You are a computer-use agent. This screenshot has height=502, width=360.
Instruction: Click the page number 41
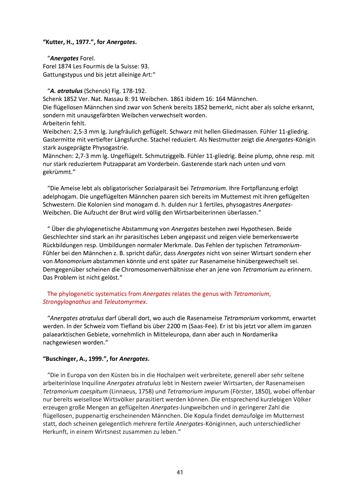pyautogui.click(x=180, y=472)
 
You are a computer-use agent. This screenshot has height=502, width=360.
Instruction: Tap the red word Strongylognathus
pyautogui.click(x=67, y=302)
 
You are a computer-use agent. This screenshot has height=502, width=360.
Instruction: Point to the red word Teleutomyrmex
pyautogui.click(x=125, y=302)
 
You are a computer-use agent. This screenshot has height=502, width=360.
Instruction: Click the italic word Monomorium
pyautogui.click(x=73, y=261)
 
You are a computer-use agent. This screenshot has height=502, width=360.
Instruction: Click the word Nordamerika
pyautogui.click(x=259, y=334)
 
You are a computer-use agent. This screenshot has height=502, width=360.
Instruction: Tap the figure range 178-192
pyautogui.click(x=134, y=91)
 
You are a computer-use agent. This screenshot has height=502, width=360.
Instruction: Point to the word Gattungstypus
pyautogui.click(x=62, y=75)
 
